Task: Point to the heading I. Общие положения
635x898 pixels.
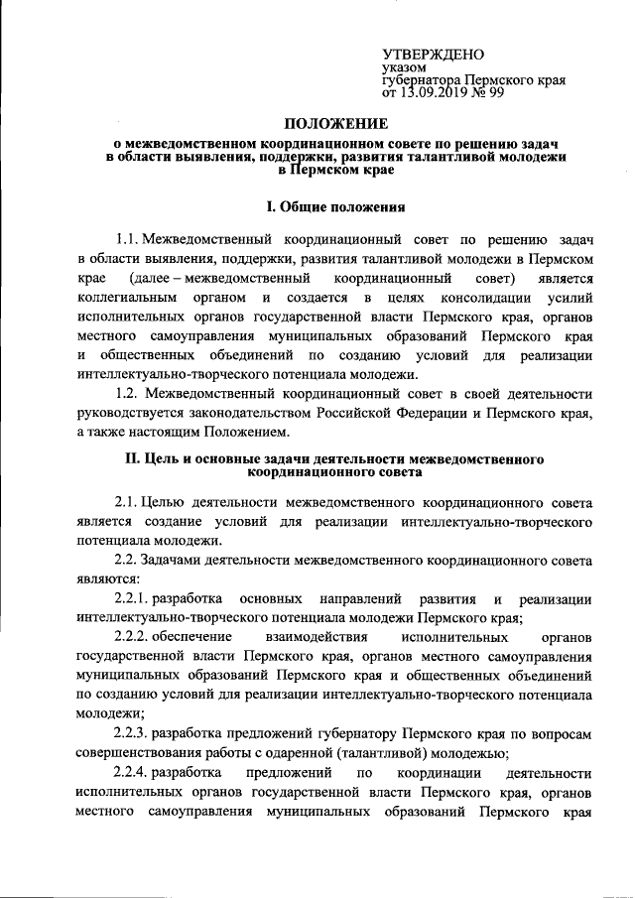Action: point(335,207)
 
